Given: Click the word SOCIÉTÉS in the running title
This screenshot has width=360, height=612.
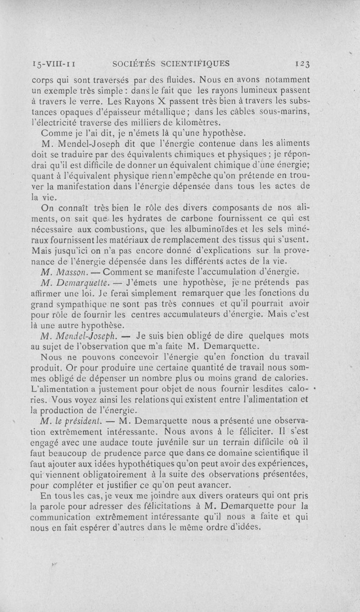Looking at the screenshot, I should (133, 63).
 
